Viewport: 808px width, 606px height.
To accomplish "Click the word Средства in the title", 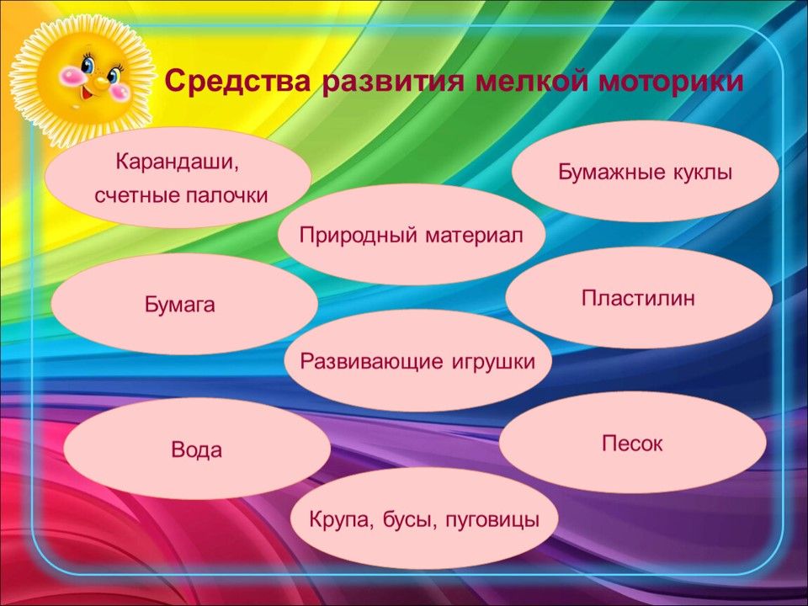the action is click(x=237, y=82).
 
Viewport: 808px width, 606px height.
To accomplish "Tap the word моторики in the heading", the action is click(x=671, y=82).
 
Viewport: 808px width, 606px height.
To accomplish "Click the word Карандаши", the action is click(x=178, y=162).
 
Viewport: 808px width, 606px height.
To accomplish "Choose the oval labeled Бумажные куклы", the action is click(x=646, y=171).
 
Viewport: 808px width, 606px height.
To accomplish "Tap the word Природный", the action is click(x=359, y=236).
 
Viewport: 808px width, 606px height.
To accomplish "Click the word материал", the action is click(x=474, y=236).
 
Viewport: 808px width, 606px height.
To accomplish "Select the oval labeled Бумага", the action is click(x=184, y=304).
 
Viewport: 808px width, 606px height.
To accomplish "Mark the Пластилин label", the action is click(x=639, y=298).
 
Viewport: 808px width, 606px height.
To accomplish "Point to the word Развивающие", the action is click(x=371, y=362).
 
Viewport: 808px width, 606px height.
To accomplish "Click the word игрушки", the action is click(x=494, y=363).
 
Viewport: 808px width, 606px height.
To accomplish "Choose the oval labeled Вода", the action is click(x=197, y=449).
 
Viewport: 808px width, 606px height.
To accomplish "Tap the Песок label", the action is click(x=632, y=444).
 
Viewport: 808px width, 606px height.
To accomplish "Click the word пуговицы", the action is click(x=492, y=520).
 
